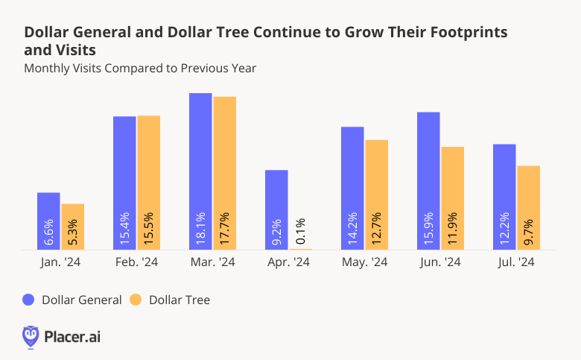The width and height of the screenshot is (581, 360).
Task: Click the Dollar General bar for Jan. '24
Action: pos(48,221)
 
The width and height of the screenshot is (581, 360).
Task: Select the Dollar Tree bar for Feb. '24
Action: pos(148,183)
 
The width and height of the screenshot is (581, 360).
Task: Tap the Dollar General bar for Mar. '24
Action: pos(200,171)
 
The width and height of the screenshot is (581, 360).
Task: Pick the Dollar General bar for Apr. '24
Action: pos(276,209)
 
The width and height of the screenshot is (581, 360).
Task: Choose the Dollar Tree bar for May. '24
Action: pos(376,195)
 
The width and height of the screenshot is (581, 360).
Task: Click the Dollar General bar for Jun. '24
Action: pos(428,180)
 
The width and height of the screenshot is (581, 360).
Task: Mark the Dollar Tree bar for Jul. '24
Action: pos(528,207)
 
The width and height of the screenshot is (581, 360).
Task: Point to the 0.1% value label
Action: pos(301,230)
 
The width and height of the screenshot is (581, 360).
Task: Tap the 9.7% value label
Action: pos(529,230)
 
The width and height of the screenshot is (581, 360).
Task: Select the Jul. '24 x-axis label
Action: pos(515,262)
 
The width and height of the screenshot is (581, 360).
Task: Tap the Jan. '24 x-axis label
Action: pos(60,262)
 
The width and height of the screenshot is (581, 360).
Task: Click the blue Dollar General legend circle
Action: pos(29,300)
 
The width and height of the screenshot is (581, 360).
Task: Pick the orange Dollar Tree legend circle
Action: pos(136,300)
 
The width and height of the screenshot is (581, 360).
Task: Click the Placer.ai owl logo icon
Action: pos(31,336)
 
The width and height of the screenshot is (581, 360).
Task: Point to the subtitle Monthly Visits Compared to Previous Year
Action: pos(140,69)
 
